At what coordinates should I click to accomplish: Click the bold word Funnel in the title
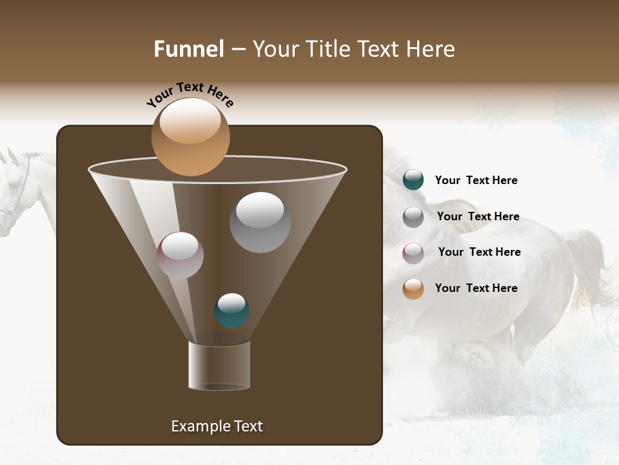pyautogui.click(x=188, y=49)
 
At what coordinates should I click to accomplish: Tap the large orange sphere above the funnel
pyautogui.click(x=191, y=137)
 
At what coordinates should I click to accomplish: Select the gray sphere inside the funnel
pyautogui.click(x=260, y=222)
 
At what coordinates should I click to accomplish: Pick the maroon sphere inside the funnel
pyautogui.click(x=180, y=255)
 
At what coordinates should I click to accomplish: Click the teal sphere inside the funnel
pyautogui.click(x=231, y=310)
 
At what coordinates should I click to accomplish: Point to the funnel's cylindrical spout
pyautogui.click(x=219, y=366)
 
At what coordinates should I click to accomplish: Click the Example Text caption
pyautogui.click(x=217, y=426)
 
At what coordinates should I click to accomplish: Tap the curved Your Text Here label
pyautogui.click(x=190, y=94)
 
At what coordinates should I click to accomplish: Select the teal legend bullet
pyautogui.click(x=413, y=180)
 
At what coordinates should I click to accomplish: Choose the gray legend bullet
pyautogui.click(x=413, y=217)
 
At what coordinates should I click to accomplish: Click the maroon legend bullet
pyautogui.click(x=413, y=253)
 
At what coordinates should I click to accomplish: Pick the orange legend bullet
pyautogui.click(x=413, y=289)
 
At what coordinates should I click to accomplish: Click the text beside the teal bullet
pyautogui.click(x=476, y=180)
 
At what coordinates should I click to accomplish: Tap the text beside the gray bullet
pyautogui.click(x=478, y=216)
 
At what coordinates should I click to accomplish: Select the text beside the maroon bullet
pyautogui.click(x=479, y=252)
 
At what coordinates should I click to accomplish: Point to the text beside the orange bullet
pyautogui.click(x=476, y=288)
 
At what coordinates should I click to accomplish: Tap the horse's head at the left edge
pyautogui.click(x=13, y=187)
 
